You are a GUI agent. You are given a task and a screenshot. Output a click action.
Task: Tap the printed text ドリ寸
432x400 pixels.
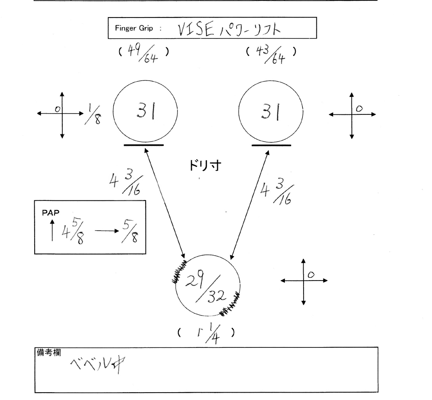pos(205,166)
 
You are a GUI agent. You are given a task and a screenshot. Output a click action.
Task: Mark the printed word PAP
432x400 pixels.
pos(47,214)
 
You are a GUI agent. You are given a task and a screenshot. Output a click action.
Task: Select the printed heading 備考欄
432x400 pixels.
pos(48,351)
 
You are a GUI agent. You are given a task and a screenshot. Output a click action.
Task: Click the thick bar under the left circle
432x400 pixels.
pos(144,145)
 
